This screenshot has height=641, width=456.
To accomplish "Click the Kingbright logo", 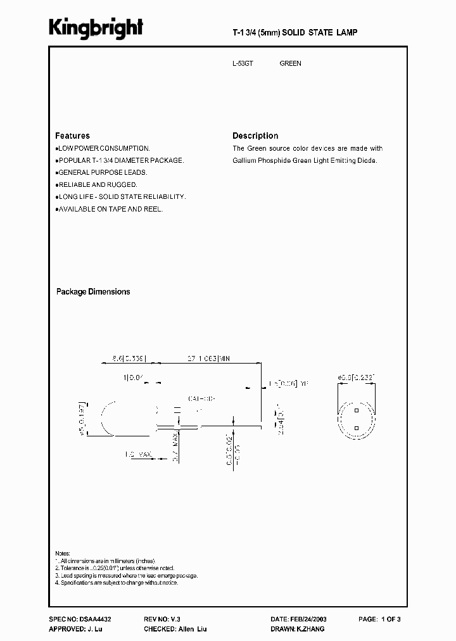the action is [96, 28].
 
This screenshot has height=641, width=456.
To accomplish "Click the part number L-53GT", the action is [243, 64].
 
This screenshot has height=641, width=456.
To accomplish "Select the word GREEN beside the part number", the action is [290, 64].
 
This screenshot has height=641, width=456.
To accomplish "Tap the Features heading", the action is [72, 136].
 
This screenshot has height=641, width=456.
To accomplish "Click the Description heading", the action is [255, 136].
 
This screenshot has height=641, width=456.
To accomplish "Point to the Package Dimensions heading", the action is [93, 292].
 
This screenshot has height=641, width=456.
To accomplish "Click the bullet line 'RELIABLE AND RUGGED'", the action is [97, 184].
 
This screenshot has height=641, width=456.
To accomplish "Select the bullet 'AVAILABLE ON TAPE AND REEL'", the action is [110, 208].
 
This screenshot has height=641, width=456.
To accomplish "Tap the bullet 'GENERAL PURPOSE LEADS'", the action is [102, 172].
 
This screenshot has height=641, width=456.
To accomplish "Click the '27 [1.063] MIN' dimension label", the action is [207, 359].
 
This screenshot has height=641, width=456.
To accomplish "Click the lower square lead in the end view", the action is [357, 428].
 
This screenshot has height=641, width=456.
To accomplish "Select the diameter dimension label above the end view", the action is [357, 378].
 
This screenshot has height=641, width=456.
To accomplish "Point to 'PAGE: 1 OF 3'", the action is [380, 619].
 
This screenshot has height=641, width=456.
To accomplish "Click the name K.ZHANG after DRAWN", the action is [311, 629].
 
